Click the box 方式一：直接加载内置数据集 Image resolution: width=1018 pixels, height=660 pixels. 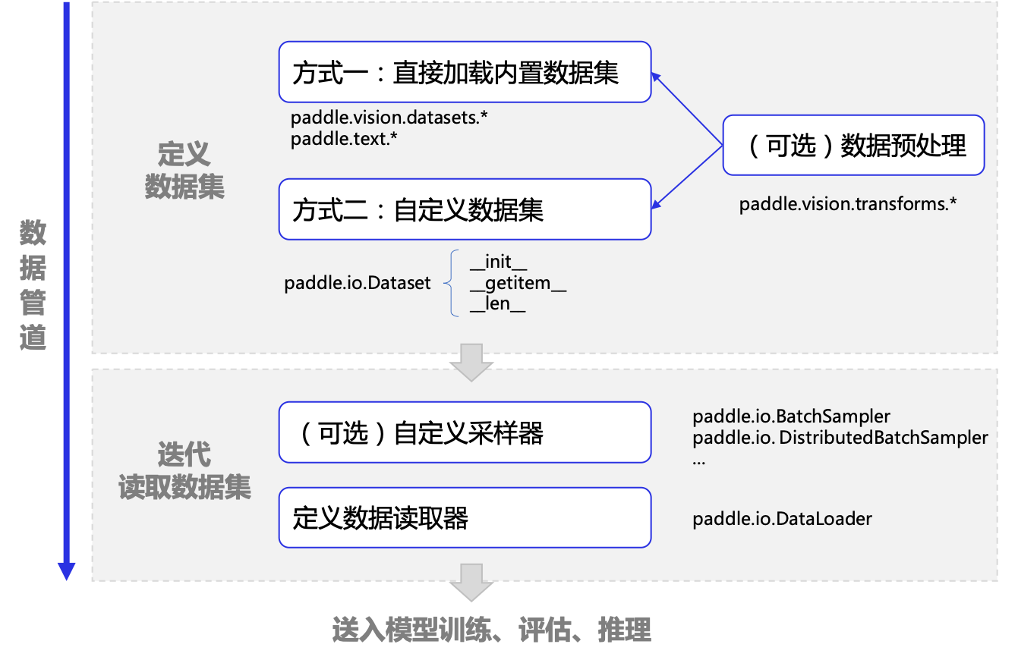click(x=465, y=72)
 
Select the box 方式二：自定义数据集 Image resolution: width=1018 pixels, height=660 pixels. click(x=465, y=209)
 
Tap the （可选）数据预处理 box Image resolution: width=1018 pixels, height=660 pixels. click(x=853, y=145)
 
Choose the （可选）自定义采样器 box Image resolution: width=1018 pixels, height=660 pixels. click(x=465, y=432)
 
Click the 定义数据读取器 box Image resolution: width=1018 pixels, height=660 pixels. click(x=465, y=517)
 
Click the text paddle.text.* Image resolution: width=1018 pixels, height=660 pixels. click(x=344, y=139)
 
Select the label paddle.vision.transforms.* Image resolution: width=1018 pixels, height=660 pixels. click(x=848, y=204)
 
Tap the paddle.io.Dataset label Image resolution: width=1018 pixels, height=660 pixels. click(x=358, y=283)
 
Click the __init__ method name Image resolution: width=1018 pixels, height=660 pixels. click(x=498, y=263)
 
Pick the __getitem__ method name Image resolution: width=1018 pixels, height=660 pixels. click(x=518, y=284)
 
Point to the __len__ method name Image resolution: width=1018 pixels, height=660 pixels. click(x=497, y=305)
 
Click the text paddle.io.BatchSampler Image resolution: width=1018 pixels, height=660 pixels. click(x=791, y=416)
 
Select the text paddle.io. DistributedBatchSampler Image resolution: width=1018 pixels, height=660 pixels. click(x=840, y=438)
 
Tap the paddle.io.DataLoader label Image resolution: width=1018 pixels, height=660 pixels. click(x=782, y=519)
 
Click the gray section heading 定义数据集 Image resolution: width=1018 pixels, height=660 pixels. click(x=184, y=171)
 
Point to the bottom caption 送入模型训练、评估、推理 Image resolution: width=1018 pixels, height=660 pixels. click(x=492, y=630)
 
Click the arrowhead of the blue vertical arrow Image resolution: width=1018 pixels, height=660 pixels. click(x=67, y=570)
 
